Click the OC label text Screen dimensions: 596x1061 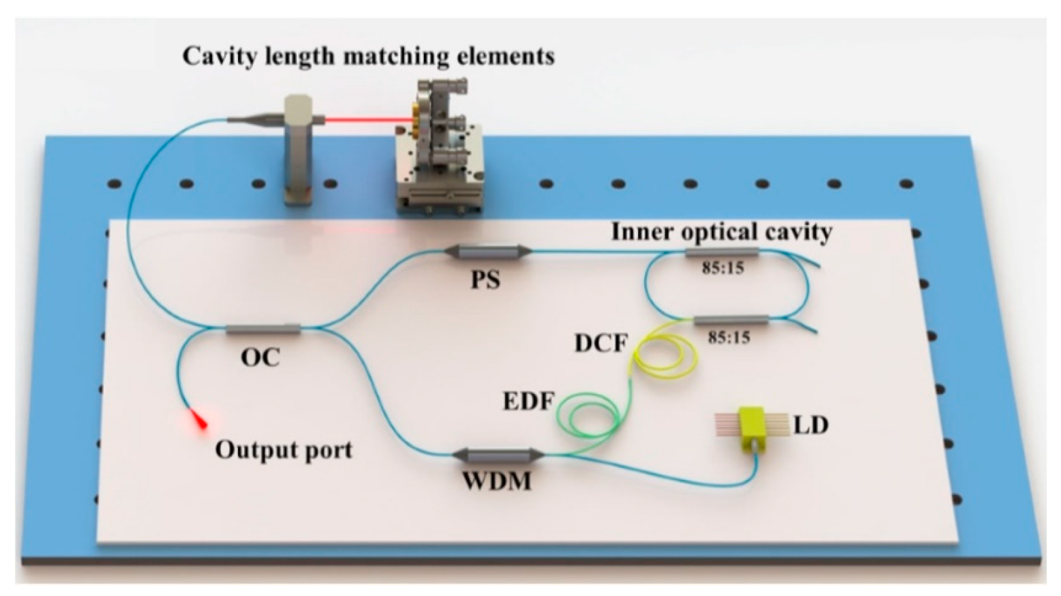(260, 357)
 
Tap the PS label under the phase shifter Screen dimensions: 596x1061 (485, 279)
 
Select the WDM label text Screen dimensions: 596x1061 (497, 481)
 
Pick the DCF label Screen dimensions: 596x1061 (601, 343)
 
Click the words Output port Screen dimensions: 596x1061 (283, 450)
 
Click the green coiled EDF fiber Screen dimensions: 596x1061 (588, 415)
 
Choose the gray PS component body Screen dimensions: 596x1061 (488, 252)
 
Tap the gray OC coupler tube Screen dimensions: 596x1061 (262, 330)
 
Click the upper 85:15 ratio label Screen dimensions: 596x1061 (723, 268)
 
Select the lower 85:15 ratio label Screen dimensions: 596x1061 (729, 336)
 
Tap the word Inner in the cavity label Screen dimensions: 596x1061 (640, 232)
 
